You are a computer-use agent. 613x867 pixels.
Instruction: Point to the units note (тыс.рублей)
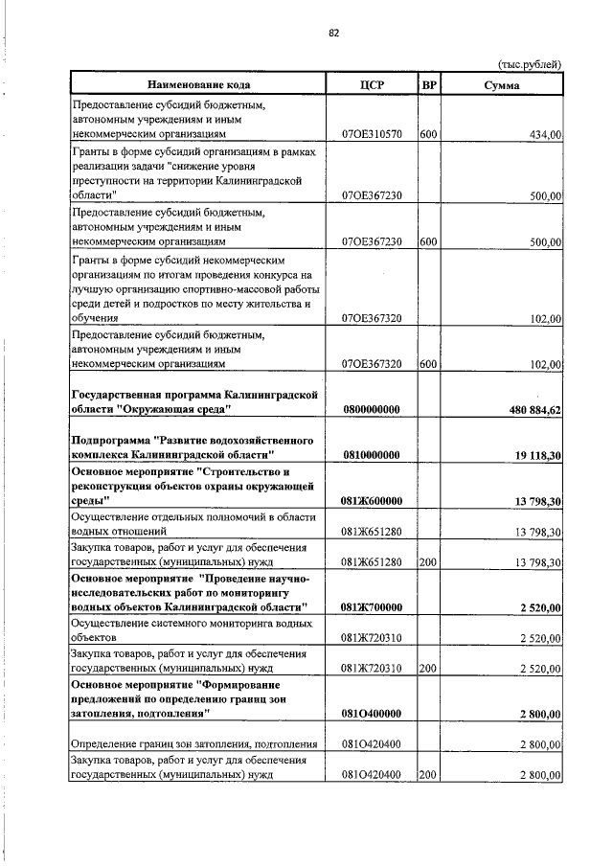(529, 65)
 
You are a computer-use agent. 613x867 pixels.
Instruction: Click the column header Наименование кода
(195, 85)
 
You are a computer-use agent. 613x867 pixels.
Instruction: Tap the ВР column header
(430, 85)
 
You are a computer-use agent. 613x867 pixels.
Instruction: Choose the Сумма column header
(502, 85)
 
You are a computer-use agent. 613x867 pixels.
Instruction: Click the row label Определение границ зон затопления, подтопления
(195, 743)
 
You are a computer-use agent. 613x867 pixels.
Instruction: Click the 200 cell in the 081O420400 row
(428, 774)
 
